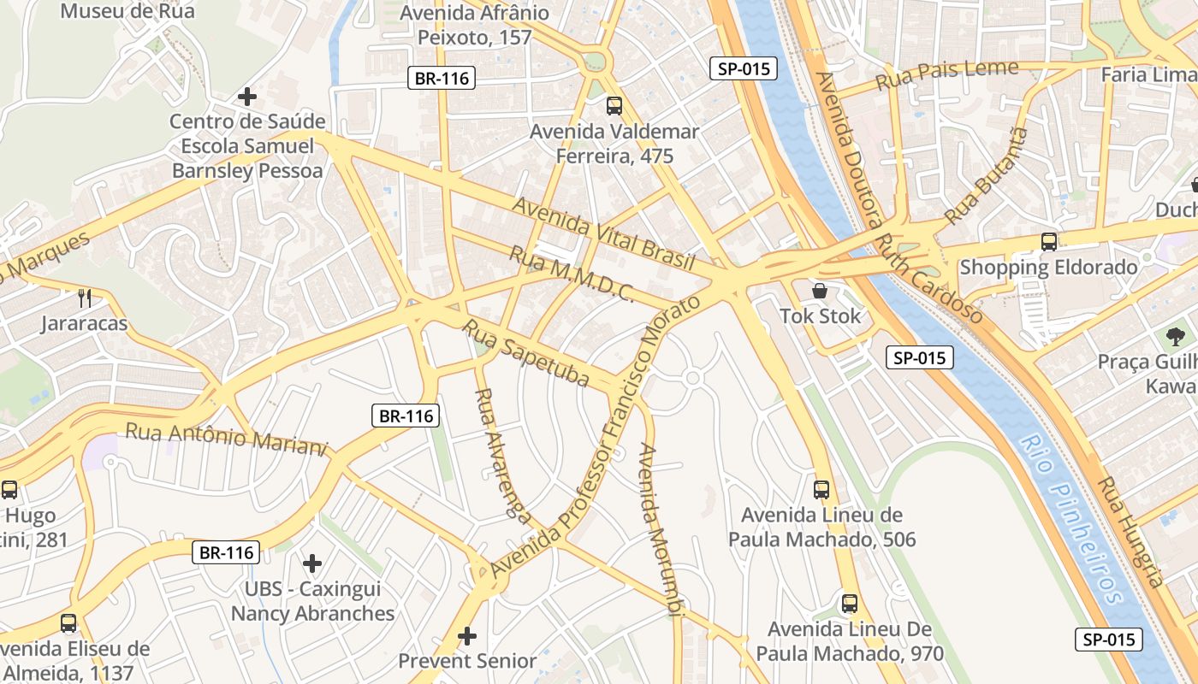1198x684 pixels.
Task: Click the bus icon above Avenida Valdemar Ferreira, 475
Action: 614,106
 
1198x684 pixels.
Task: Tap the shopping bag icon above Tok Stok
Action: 820,291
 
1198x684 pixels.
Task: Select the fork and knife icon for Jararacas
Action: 84,298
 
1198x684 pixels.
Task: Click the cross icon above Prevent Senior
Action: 467,636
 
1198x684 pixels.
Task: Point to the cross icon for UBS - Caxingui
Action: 312,563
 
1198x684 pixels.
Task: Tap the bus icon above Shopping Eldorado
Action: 1049,242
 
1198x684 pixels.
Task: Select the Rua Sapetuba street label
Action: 526,352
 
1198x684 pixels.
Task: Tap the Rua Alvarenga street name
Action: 502,454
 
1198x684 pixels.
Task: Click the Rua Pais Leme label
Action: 947,75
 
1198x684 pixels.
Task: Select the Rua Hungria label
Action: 1131,531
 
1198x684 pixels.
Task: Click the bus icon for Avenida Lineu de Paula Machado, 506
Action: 821,490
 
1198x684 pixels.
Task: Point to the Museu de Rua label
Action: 128,11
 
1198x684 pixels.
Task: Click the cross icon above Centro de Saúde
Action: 247,97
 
